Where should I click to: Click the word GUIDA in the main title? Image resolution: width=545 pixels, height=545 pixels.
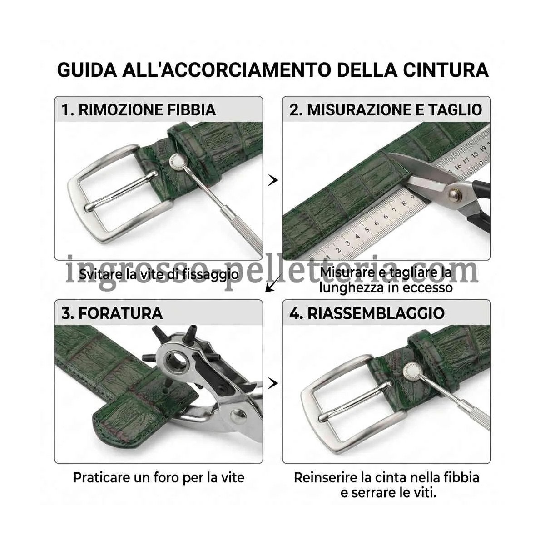tap(87, 70)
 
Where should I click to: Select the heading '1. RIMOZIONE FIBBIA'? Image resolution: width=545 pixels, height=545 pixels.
tap(139, 110)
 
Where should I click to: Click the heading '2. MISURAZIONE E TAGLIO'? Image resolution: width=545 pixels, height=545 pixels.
tap(386, 110)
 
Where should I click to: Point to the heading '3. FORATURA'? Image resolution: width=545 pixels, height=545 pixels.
tap(112, 313)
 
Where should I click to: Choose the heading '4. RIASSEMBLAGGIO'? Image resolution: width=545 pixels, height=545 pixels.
tap(367, 313)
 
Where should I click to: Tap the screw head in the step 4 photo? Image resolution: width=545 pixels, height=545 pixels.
tap(411, 370)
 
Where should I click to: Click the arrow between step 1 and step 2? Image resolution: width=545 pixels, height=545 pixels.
tap(272, 180)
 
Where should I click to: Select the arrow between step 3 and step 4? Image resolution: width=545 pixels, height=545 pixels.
tap(272, 383)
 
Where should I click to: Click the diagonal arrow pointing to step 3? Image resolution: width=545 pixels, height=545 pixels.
tap(274, 282)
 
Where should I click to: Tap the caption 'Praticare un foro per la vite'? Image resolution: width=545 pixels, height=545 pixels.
tap(159, 478)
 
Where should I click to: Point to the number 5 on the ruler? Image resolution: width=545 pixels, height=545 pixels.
tap(367, 230)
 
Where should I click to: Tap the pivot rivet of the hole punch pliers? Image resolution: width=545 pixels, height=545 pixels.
tap(237, 416)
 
